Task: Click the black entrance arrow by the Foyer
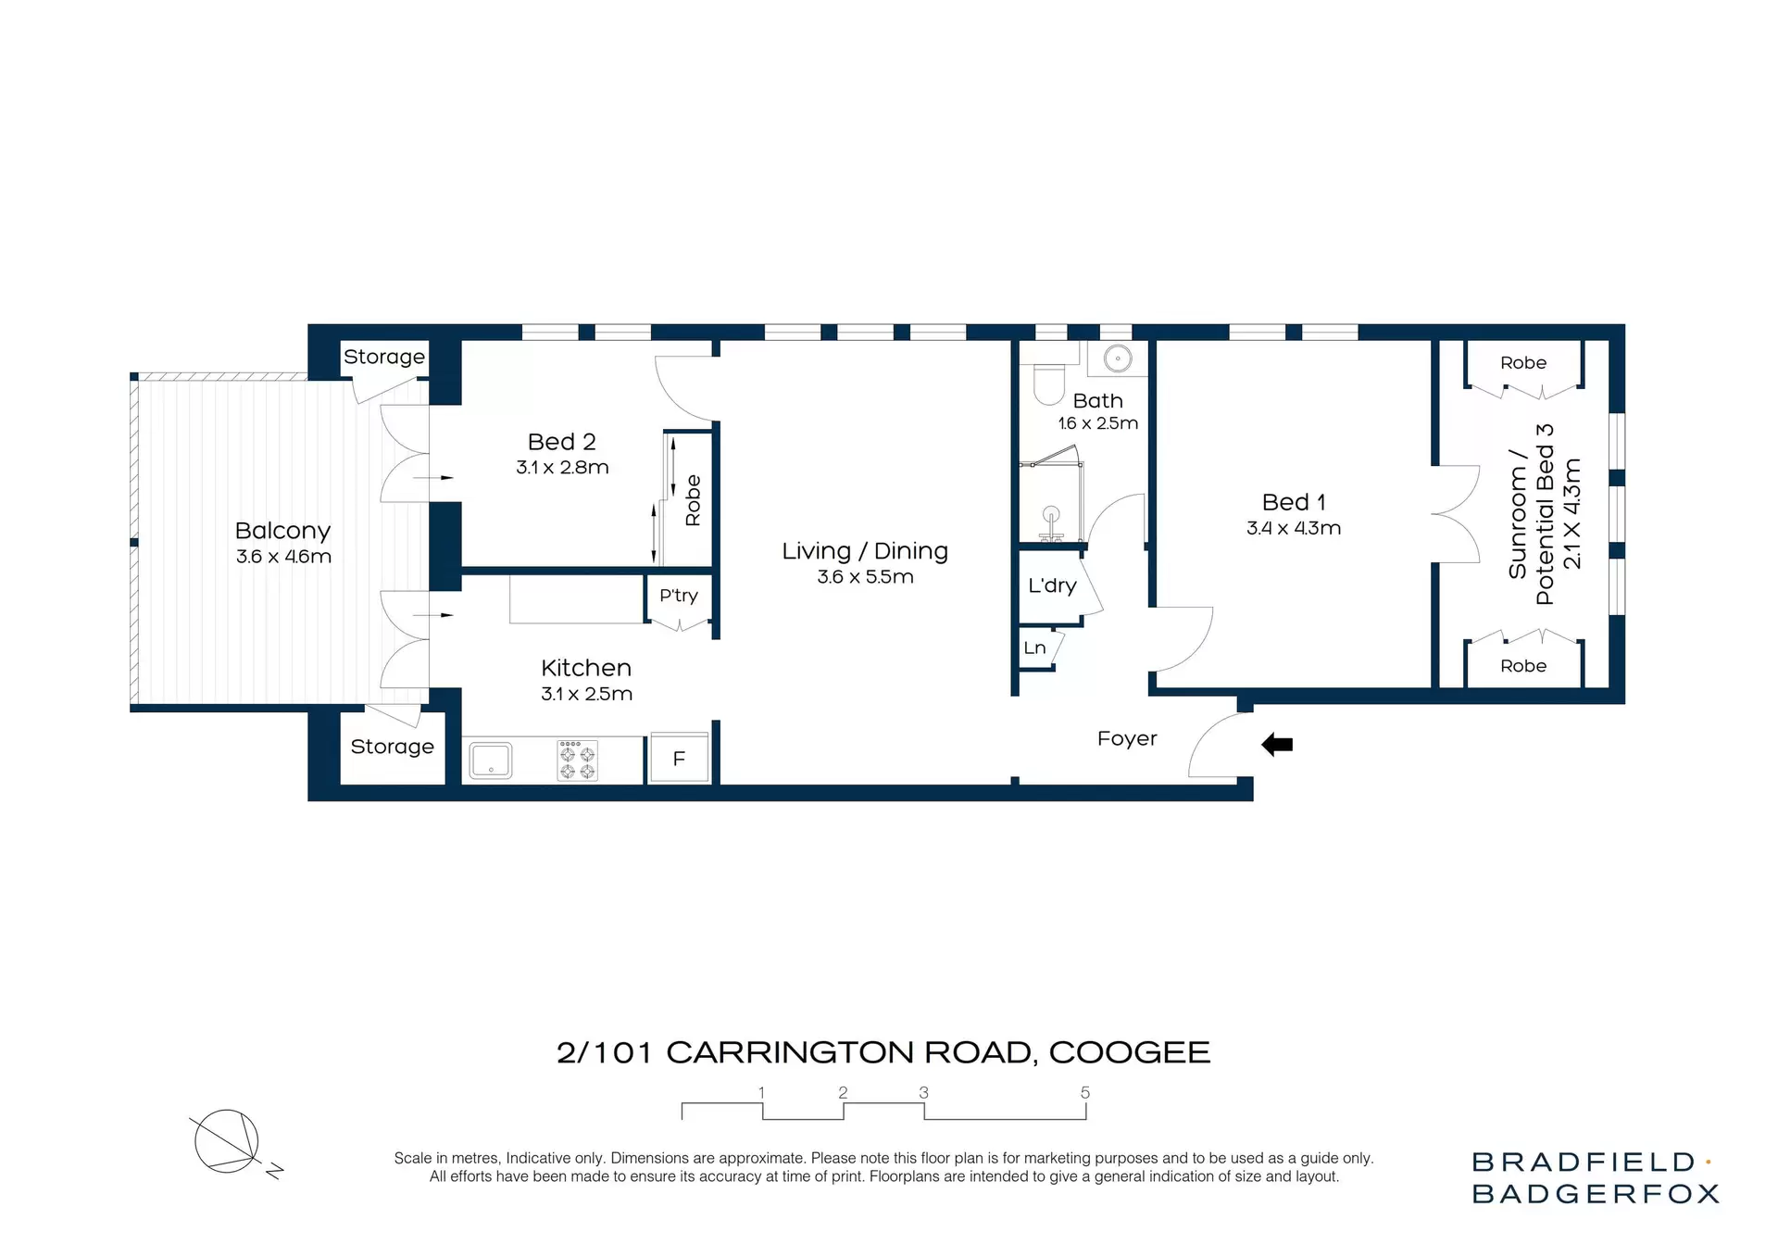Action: pyautogui.click(x=1277, y=744)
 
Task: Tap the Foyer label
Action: pyautogui.click(x=1127, y=738)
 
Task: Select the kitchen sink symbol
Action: pyautogui.click(x=491, y=760)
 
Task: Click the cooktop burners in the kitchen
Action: pyautogui.click(x=577, y=760)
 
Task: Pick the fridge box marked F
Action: pyautogui.click(x=679, y=759)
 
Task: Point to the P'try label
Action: pyautogui.click(x=678, y=596)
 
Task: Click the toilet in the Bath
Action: pyautogui.click(x=1049, y=384)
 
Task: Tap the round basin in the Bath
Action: pyautogui.click(x=1119, y=358)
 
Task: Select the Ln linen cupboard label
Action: pyautogui.click(x=1034, y=647)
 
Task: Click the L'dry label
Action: pyautogui.click(x=1052, y=585)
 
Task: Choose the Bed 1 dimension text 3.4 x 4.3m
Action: pyautogui.click(x=1293, y=528)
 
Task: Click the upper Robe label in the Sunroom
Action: pyautogui.click(x=1522, y=363)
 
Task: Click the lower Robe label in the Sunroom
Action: pyautogui.click(x=1522, y=666)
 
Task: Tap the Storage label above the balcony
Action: pyautogui.click(x=384, y=357)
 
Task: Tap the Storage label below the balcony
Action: pyautogui.click(x=392, y=747)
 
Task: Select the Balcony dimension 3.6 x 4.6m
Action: pyautogui.click(x=283, y=557)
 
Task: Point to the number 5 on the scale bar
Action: pyautogui.click(x=1084, y=1093)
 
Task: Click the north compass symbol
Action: pyautogui.click(x=228, y=1142)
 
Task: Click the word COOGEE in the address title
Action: pyautogui.click(x=1129, y=1052)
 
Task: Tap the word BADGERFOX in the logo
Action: pyautogui.click(x=1595, y=1194)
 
